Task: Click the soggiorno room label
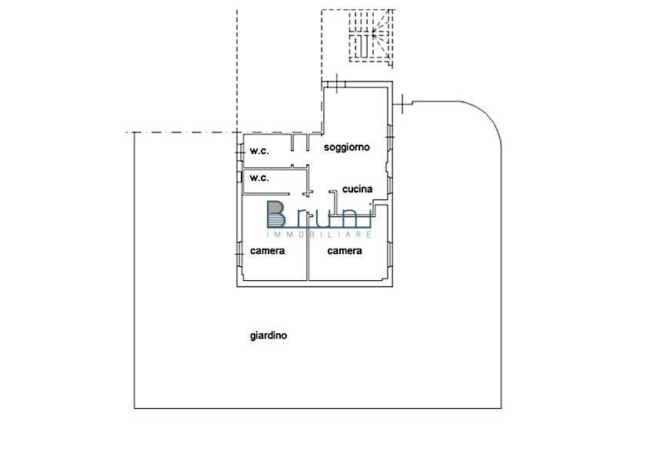347,148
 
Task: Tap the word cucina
357,189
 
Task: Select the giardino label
268,336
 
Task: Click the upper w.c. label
259,151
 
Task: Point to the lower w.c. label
259,178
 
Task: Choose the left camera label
268,251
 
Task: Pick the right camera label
345,251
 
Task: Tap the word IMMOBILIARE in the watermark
319,234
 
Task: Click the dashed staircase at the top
371,36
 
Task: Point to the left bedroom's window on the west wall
239,253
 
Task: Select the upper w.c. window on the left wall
239,152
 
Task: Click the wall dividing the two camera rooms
308,249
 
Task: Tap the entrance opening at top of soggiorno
337,84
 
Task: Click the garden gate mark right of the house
402,104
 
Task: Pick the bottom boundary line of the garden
318,409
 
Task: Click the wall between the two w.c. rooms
275,168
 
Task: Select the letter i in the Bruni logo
369,216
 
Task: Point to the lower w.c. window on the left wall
239,177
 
